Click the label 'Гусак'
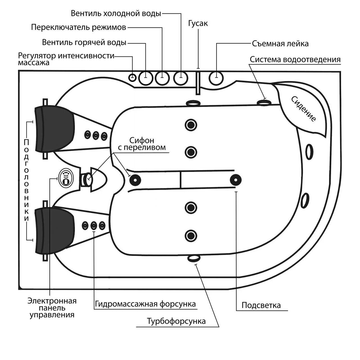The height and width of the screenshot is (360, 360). pos(198,23)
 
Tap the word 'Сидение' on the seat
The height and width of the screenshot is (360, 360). pos(303,109)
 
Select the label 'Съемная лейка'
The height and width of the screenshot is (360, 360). pos(280,44)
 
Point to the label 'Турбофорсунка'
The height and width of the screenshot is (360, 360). pos(176,321)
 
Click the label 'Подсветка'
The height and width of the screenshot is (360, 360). pos(261,305)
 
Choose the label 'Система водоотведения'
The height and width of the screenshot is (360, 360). pos(295,60)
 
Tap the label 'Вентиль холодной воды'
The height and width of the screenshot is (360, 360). pos(116,13)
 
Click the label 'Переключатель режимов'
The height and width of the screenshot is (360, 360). pos(78,27)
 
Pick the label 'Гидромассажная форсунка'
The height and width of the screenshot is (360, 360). pos(145,304)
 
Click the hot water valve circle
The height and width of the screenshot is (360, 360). pos(146,78)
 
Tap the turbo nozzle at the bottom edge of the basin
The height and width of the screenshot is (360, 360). pos(194,258)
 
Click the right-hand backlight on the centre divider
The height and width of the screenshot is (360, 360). pos(235,180)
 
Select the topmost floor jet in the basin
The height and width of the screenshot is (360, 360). pos(191,125)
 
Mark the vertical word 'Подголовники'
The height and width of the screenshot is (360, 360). pos(26,180)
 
